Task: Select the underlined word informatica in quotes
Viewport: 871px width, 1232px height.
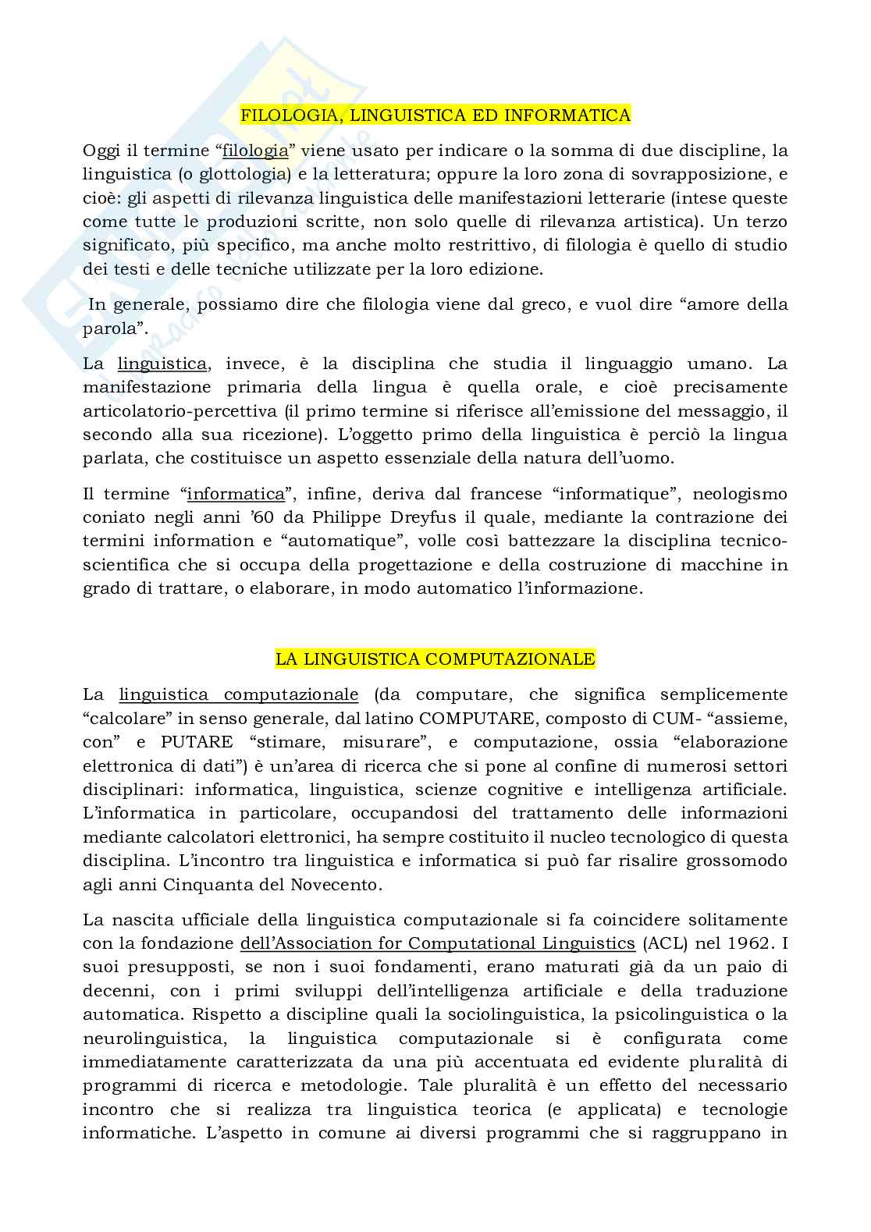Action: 236,494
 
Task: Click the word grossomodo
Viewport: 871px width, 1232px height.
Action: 736,861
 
